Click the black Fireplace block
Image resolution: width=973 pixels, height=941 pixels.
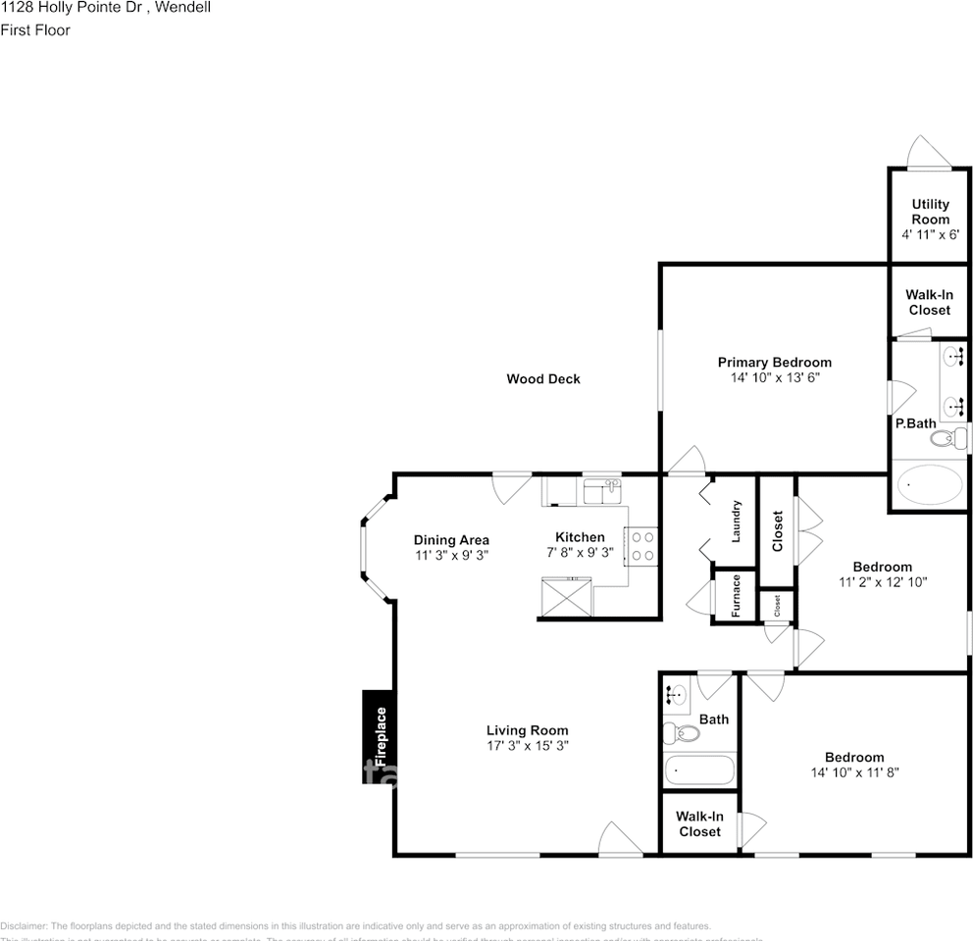(x=379, y=737)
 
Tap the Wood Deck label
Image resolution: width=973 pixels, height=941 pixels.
(x=542, y=378)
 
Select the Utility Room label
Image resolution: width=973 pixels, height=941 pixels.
(x=930, y=212)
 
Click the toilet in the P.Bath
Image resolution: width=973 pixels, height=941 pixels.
(x=949, y=437)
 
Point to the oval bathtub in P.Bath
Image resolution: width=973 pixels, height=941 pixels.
(x=932, y=485)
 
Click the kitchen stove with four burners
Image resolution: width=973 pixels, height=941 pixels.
(x=642, y=546)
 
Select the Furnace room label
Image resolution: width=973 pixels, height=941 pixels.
(x=735, y=594)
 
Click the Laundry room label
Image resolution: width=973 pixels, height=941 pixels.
(x=735, y=521)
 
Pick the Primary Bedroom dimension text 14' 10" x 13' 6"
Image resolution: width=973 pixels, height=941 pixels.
(x=774, y=377)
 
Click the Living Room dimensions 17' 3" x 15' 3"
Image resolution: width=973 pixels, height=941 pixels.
(x=527, y=745)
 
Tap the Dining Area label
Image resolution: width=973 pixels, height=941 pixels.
(x=450, y=540)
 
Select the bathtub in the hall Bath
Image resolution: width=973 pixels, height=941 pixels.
(x=699, y=769)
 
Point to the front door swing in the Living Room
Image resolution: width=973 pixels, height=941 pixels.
(x=620, y=839)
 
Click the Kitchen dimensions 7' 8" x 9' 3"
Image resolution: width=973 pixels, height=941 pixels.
(x=580, y=552)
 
